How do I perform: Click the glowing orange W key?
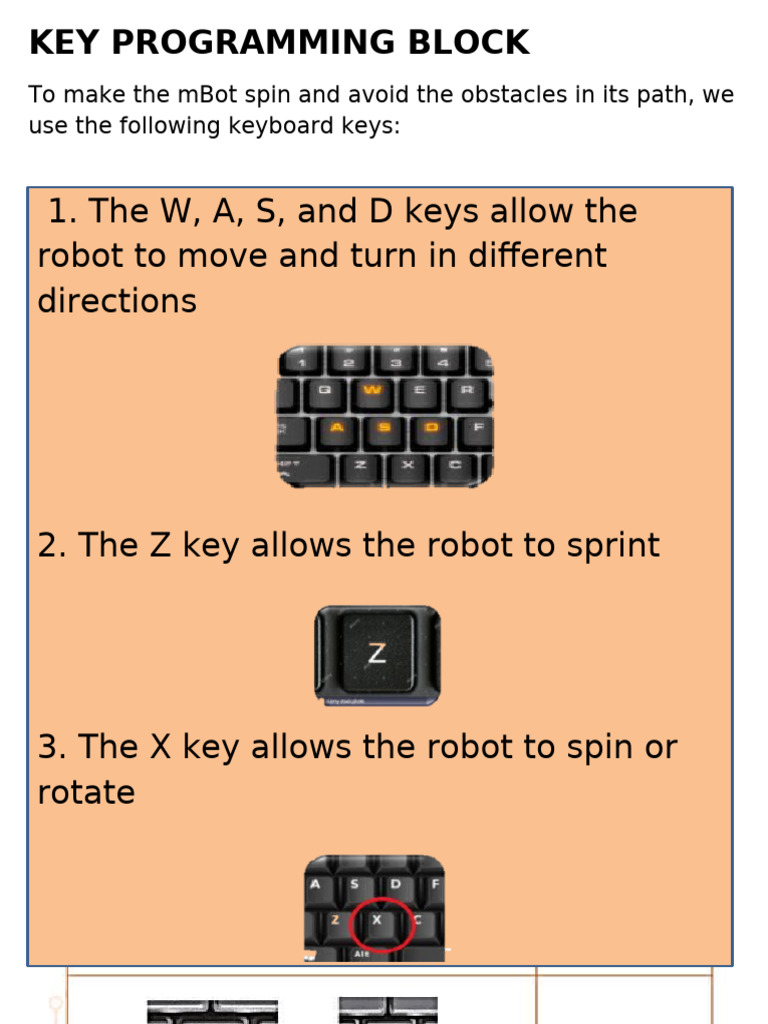point(372,391)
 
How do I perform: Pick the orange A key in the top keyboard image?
point(337,428)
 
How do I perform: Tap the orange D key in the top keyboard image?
point(432,428)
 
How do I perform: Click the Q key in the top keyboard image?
point(324,391)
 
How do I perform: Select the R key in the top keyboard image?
point(466,391)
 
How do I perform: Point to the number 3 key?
point(396,362)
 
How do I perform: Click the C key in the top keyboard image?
point(455,465)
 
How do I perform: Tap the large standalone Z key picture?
point(377,654)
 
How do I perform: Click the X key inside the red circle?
point(377,920)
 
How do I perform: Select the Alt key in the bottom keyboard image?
point(362,954)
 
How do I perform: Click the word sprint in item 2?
point(609,546)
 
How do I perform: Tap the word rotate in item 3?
point(86,793)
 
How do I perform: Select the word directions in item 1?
point(117,301)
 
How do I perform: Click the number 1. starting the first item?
point(62,212)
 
